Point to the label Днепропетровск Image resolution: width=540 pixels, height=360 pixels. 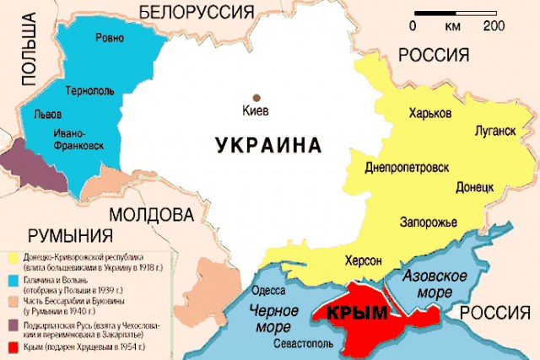pyautogui.click(x=406, y=168)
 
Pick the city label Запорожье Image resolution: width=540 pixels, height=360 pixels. pyautogui.click(x=428, y=222)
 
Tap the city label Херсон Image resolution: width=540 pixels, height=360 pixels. pyautogui.click(x=364, y=260)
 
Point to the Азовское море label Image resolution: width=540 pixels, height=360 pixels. pyautogui.click(x=431, y=285)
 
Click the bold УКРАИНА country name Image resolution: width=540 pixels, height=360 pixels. pyautogui.click(x=268, y=145)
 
